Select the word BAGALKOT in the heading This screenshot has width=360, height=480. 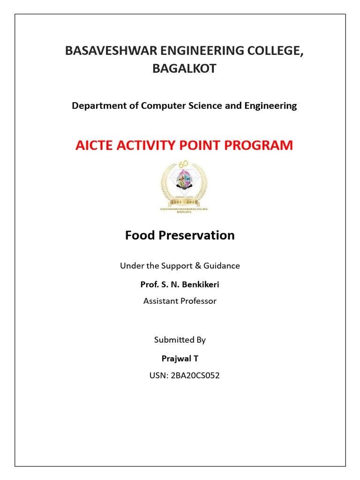click(184, 68)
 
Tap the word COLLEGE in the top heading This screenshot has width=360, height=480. click(274, 51)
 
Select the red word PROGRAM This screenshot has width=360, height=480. click(261, 145)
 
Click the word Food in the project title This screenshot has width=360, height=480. click(140, 235)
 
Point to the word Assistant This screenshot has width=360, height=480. click(161, 301)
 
